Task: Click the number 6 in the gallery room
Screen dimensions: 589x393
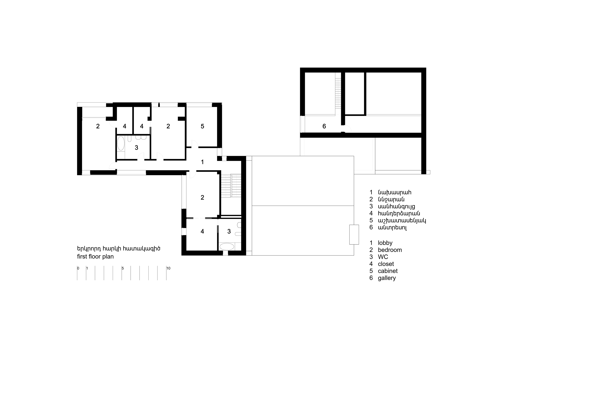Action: tap(324, 126)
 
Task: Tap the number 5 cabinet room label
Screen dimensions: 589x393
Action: tap(202, 126)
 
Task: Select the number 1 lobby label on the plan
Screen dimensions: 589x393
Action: tap(202, 162)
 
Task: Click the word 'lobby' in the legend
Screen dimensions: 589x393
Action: tap(385, 243)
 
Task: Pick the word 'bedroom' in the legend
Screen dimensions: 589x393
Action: tap(390, 250)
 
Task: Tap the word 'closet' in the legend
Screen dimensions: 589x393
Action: tap(386, 264)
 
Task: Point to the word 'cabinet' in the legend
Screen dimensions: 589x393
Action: tap(388, 271)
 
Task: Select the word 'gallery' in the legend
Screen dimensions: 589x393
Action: tap(387, 278)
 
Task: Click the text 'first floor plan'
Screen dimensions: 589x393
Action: tap(95, 257)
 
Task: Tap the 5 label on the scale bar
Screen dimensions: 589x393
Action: tap(123, 268)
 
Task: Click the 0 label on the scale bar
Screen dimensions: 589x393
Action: tap(78, 268)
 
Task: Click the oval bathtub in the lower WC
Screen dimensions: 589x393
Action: tap(227, 246)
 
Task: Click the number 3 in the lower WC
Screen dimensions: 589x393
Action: tap(229, 231)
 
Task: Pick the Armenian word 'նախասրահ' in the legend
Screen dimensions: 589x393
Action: tap(395, 193)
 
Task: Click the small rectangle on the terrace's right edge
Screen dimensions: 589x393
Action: tap(354, 235)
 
